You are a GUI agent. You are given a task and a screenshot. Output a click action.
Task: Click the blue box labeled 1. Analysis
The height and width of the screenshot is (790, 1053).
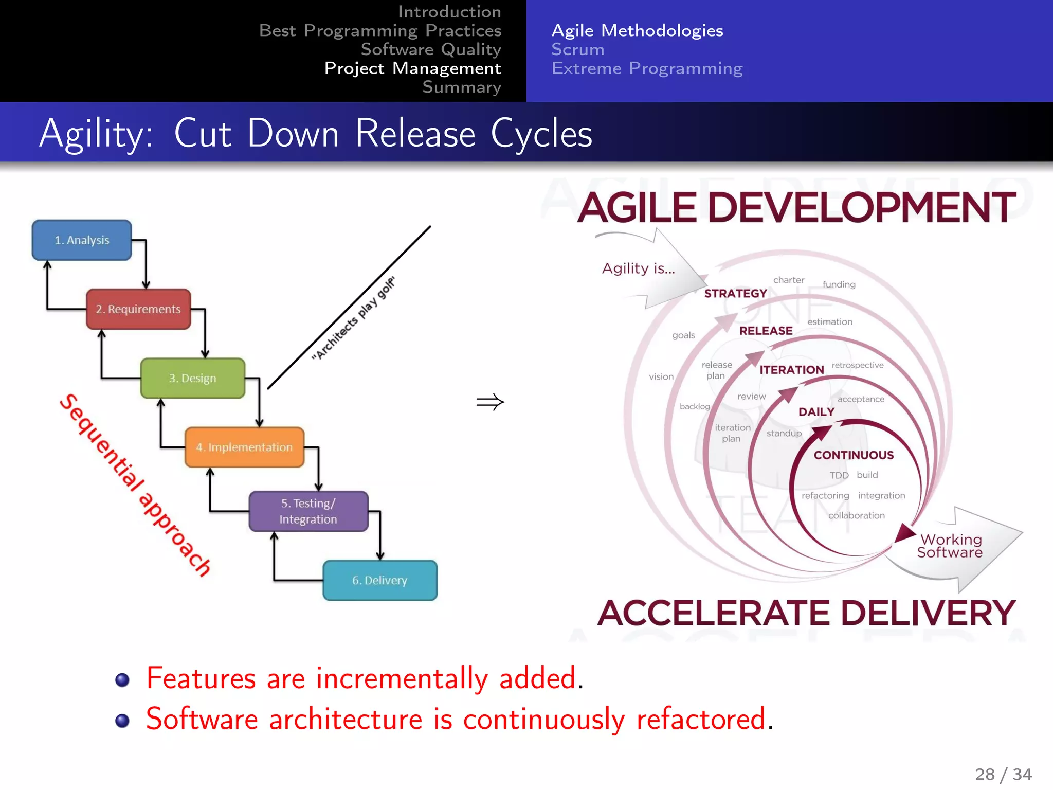[82, 240]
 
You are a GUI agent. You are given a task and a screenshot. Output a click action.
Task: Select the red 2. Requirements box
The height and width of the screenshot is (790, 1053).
[138, 309]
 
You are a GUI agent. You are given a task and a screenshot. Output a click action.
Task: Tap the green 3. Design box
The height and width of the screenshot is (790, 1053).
[192, 378]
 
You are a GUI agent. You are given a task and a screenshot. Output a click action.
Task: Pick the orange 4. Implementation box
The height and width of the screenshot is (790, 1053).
[244, 447]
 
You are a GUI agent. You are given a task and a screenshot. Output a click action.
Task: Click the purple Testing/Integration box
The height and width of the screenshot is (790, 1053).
[308, 511]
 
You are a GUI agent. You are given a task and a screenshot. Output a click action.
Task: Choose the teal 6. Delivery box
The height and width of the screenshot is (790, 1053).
[379, 580]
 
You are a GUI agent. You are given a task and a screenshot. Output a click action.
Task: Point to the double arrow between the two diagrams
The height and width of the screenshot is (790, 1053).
[490, 402]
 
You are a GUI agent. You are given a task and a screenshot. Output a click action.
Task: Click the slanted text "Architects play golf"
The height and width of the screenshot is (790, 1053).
[354, 318]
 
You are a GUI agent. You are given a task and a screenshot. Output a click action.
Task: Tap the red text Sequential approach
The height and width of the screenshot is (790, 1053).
[135, 484]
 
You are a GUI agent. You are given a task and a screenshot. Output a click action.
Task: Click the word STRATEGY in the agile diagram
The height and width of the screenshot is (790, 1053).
[735, 294]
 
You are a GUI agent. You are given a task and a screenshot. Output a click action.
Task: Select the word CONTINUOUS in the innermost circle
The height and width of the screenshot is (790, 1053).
[854, 455]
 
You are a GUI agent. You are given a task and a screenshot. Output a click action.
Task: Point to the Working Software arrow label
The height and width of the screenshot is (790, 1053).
[950, 546]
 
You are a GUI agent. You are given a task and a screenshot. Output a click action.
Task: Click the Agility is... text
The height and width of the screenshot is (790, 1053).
[638, 268]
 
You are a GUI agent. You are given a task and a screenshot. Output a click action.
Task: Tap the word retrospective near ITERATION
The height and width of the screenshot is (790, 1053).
[858, 365]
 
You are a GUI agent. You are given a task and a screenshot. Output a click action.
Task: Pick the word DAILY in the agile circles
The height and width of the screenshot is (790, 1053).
[816, 412]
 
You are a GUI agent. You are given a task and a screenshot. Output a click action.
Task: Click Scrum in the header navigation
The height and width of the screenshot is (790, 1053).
[578, 49]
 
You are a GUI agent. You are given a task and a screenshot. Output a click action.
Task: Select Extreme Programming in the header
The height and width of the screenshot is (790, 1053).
[647, 68]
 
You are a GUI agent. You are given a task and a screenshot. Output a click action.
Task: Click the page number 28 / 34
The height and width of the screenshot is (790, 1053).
[1003, 774]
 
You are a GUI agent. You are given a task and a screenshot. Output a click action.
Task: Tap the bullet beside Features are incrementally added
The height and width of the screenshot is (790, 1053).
[122, 680]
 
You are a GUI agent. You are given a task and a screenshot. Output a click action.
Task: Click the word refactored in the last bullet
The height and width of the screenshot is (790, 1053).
[701, 719]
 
